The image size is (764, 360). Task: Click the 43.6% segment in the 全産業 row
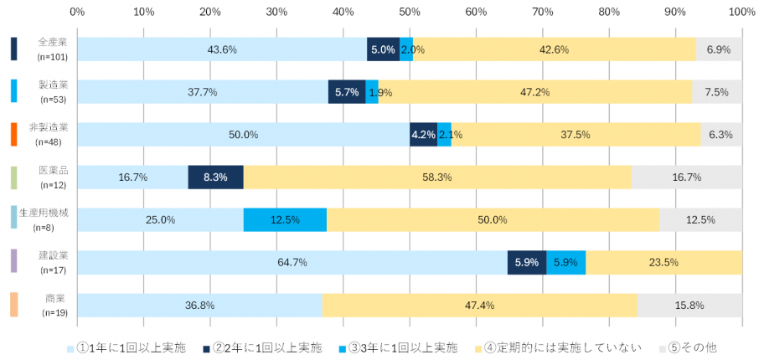pos(222,49)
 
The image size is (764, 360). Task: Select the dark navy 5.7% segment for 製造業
pos(347,92)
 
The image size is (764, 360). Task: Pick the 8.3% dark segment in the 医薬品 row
pos(215,177)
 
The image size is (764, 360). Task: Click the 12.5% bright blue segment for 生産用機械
pos(285,220)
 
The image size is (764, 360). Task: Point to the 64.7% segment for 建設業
pos(292,262)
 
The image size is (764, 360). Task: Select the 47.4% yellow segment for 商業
pos(480,305)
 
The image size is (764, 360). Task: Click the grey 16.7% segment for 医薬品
pos(686,177)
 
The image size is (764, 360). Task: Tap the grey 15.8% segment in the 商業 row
pos(689,305)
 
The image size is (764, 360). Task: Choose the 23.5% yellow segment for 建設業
pos(663,262)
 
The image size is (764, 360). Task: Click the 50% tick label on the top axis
pos(410,12)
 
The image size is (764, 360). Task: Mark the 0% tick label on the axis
pos(77,12)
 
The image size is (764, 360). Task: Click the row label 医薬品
pos(54,170)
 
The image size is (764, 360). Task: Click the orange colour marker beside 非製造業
pos(13,134)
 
